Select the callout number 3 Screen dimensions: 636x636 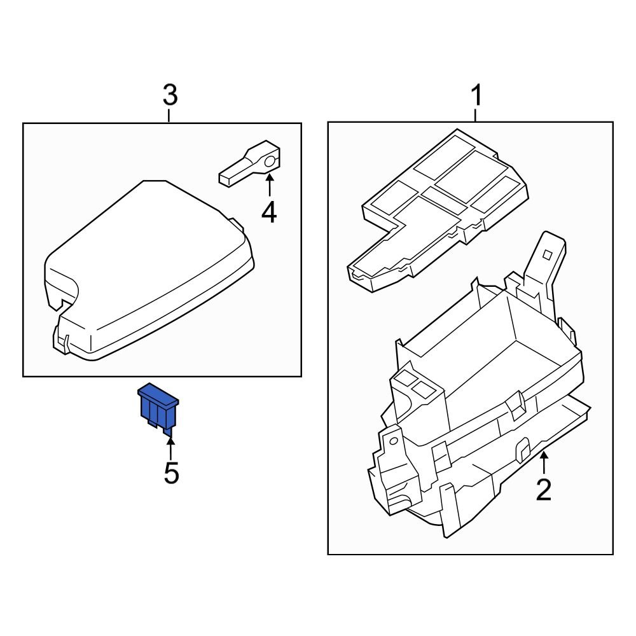(x=169, y=97)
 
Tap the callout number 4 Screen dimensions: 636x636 (x=269, y=212)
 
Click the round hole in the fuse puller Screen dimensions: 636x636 (x=270, y=161)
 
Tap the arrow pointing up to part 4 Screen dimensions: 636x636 (x=269, y=184)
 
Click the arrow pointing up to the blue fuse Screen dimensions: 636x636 (x=170, y=444)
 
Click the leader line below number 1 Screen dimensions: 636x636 (x=476, y=115)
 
